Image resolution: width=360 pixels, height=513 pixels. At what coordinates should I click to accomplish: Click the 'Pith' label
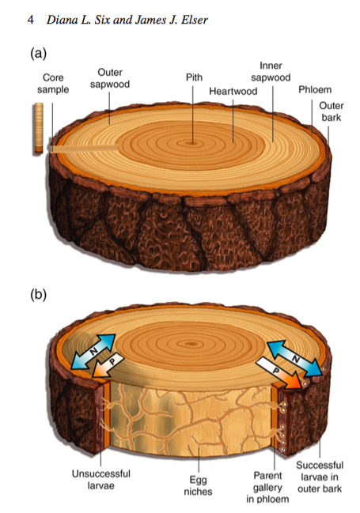click(x=194, y=77)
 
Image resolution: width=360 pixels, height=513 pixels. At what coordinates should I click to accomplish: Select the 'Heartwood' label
click(x=233, y=91)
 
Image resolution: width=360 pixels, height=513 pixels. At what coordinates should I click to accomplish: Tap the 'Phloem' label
click(x=315, y=89)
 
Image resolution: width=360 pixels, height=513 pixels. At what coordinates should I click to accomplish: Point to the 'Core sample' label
click(x=53, y=84)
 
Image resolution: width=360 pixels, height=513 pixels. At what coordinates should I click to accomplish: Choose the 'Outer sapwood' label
click(x=110, y=78)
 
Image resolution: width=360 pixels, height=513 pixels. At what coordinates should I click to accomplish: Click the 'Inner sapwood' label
click(x=271, y=71)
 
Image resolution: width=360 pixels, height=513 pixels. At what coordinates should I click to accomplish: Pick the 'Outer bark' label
click(x=332, y=111)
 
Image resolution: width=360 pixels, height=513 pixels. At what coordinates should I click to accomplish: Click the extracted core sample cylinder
click(x=39, y=128)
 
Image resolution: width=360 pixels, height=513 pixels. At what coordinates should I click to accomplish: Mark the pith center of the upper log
click(x=192, y=142)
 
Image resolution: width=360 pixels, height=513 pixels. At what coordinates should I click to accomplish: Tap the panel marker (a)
click(x=39, y=53)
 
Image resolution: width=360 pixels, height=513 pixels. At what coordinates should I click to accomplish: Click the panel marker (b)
click(x=39, y=295)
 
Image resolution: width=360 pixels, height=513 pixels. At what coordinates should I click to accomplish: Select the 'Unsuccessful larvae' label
click(x=101, y=480)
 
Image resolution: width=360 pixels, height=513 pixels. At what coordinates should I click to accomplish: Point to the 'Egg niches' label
click(x=198, y=485)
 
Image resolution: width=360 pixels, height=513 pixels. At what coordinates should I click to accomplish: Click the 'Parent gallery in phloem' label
click(x=267, y=487)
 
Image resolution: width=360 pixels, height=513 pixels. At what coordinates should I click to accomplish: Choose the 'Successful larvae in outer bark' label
click(x=320, y=477)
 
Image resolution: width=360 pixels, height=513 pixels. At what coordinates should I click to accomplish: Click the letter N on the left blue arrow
click(x=93, y=352)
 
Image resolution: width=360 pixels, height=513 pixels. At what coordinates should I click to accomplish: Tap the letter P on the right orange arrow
click(x=276, y=371)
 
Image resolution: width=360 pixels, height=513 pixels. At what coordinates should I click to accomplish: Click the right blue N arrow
click(x=294, y=359)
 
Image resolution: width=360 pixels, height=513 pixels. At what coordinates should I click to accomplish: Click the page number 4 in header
click(x=31, y=20)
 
